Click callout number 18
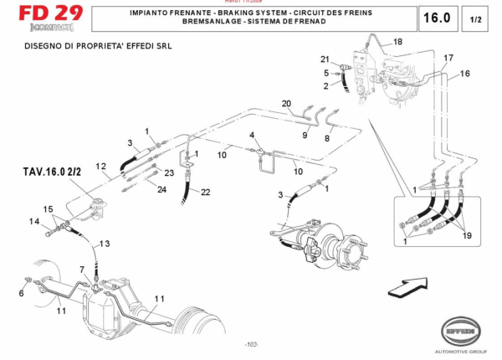pos(397,42)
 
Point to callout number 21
pos(325,59)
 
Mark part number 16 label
pos(464,74)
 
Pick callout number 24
pos(162,189)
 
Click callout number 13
pos(104,243)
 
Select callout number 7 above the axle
pos(82,269)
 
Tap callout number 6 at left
pos(21,292)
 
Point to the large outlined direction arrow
pos(401,288)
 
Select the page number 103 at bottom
pos(250,344)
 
